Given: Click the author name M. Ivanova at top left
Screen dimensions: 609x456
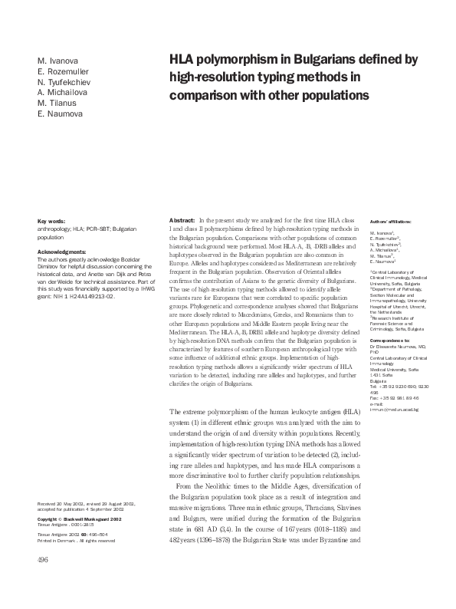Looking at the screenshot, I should [x=57, y=61].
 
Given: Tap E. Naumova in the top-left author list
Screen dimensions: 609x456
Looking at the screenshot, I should [x=59, y=114].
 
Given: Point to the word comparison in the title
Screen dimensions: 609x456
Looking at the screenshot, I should [x=205, y=96].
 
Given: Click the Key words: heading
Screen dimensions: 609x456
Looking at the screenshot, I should [x=52, y=221].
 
